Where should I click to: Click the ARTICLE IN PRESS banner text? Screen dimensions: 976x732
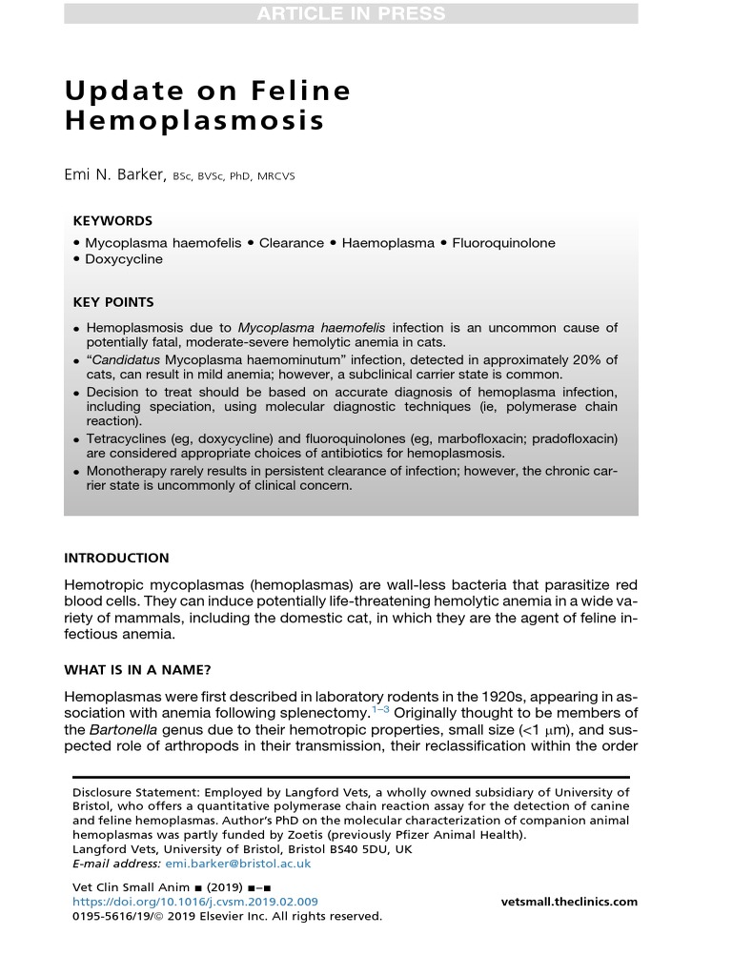350,13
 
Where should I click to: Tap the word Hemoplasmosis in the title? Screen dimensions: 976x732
194,122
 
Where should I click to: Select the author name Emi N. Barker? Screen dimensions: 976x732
115,174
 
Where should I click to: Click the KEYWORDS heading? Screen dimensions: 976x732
112,220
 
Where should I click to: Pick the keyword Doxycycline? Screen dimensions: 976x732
123,259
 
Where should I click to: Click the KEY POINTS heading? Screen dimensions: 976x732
112,302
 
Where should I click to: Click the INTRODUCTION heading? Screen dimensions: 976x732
116,559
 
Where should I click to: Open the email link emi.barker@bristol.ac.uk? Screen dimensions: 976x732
238,864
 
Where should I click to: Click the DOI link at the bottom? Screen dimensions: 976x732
195,902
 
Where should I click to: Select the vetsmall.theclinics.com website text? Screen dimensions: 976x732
569,902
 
